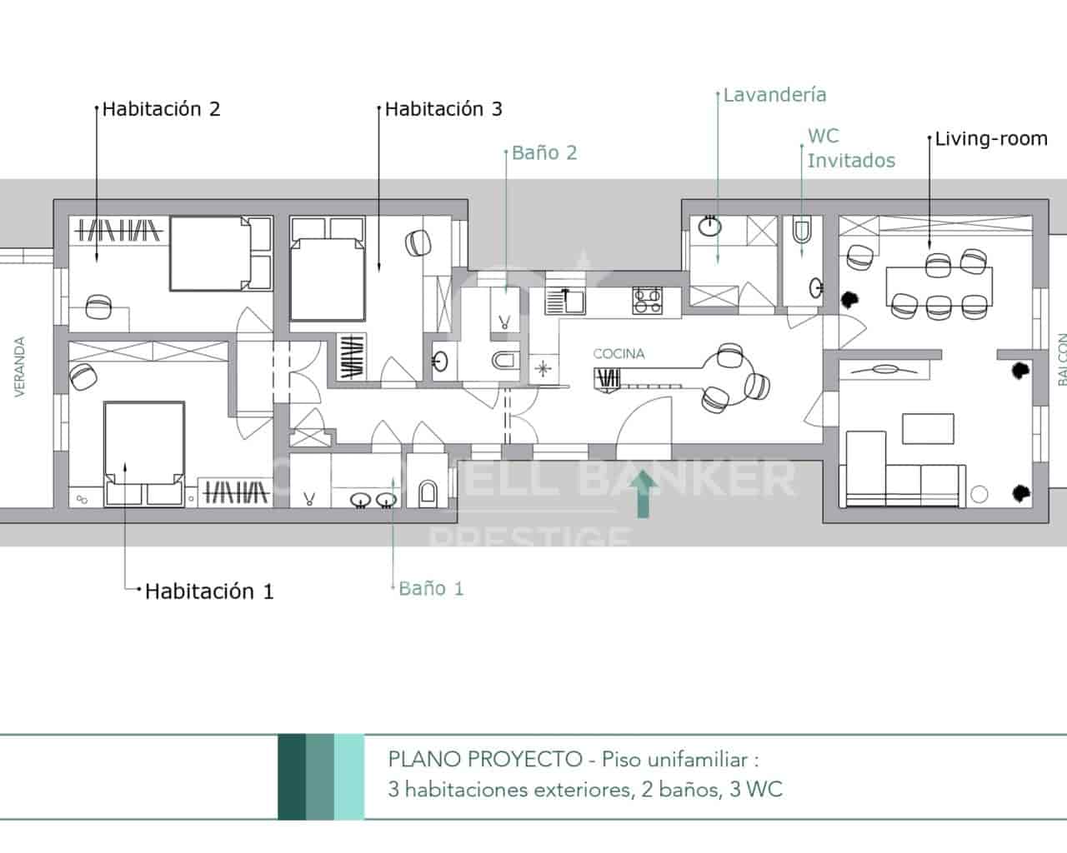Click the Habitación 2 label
(x=161, y=109)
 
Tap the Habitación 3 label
(x=443, y=109)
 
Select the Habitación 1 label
(x=209, y=591)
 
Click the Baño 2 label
(x=544, y=153)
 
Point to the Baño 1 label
(x=431, y=588)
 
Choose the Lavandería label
(x=774, y=95)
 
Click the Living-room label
(x=991, y=138)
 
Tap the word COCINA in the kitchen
(x=619, y=354)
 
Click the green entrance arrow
(x=643, y=494)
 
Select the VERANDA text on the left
(x=20, y=366)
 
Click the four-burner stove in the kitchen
(x=647, y=300)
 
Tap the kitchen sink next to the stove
(x=567, y=300)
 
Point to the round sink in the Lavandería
(x=709, y=226)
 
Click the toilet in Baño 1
(x=427, y=493)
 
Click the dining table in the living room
(x=939, y=285)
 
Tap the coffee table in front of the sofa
(x=928, y=429)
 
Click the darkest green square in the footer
(x=292, y=776)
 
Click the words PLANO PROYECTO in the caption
(x=484, y=760)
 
